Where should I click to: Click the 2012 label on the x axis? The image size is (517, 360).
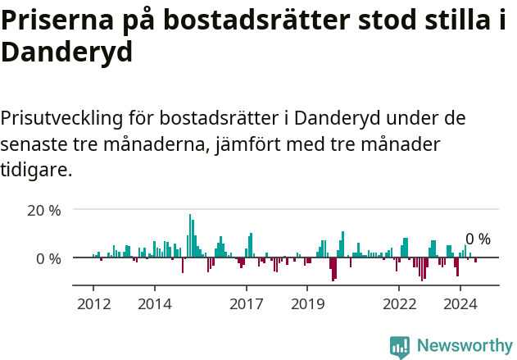[x=93, y=304]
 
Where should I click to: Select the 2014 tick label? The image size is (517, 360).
[x=155, y=304]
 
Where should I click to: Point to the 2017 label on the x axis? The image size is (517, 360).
[x=246, y=304]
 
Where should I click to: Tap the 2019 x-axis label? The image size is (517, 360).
[x=307, y=304]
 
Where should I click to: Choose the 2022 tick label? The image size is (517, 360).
[x=399, y=304]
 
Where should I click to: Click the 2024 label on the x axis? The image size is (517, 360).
[x=460, y=304]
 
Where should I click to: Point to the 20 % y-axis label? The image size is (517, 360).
[x=44, y=210]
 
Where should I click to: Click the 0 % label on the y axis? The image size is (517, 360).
[x=48, y=258]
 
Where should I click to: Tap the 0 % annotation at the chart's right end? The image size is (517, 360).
[x=478, y=239]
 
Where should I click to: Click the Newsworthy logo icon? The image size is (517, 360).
[x=400, y=346]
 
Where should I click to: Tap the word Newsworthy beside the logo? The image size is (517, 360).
[x=464, y=346]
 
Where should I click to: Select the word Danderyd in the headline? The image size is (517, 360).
[x=66, y=52]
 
